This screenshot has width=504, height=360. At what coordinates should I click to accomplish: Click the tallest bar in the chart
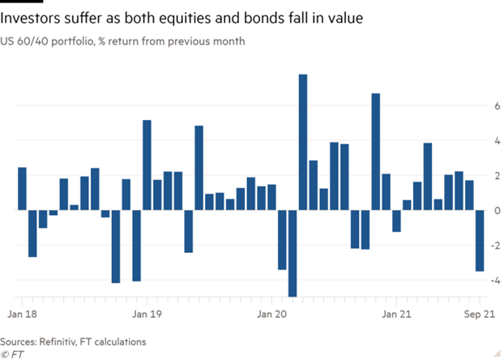pos(303,142)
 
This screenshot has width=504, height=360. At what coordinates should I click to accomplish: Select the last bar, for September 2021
pos(480,241)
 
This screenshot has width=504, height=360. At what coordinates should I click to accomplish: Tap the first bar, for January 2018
pos(23,189)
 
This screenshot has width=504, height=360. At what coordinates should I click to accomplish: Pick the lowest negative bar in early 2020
pos(293,253)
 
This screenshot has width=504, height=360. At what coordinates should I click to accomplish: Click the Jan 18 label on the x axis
pos(23,312)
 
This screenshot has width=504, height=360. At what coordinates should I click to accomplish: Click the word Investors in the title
pos(37,16)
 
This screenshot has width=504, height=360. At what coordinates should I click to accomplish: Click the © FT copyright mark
pos(14,354)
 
